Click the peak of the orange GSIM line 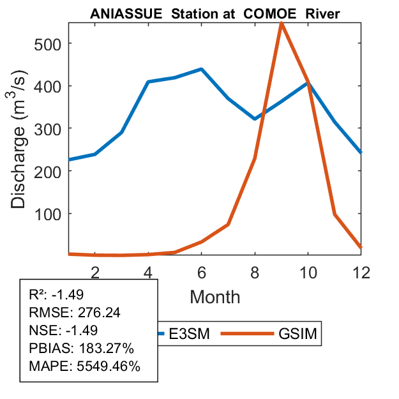[282, 23]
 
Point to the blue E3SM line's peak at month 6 [201, 69]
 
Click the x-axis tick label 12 [361, 272]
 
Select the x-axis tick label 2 [95, 272]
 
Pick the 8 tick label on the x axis [255, 272]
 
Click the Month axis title [215, 296]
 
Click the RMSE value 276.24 [99, 313]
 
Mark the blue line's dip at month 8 [255, 119]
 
